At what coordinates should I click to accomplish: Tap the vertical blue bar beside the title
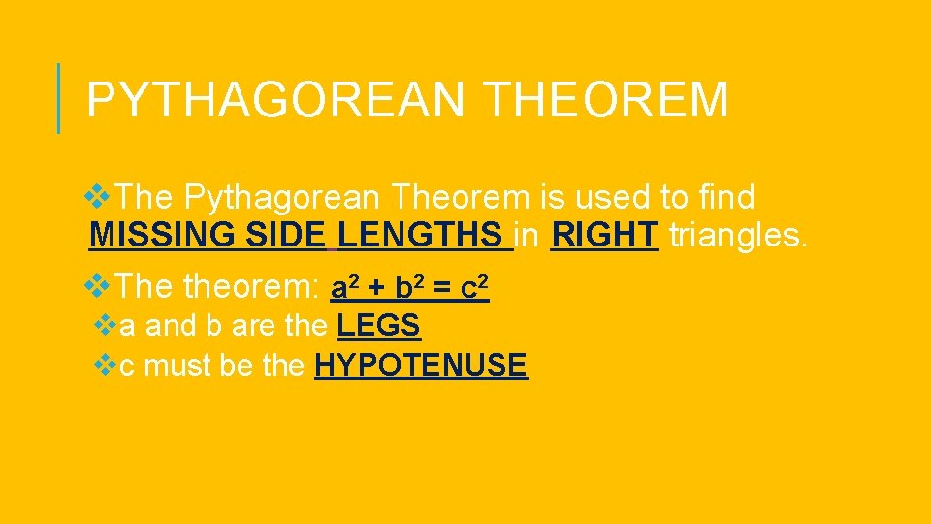tap(59, 98)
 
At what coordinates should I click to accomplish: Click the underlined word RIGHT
tap(604, 235)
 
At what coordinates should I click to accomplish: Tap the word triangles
tap(736, 235)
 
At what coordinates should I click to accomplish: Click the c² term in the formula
tap(474, 287)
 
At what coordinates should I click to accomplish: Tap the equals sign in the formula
tap(441, 288)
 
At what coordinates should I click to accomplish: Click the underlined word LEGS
tap(379, 325)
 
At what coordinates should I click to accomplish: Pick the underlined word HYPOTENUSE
tap(421, 365)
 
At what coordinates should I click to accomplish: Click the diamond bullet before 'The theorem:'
tap(98, 285)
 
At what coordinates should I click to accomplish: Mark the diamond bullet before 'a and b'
tap(108, 324)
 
